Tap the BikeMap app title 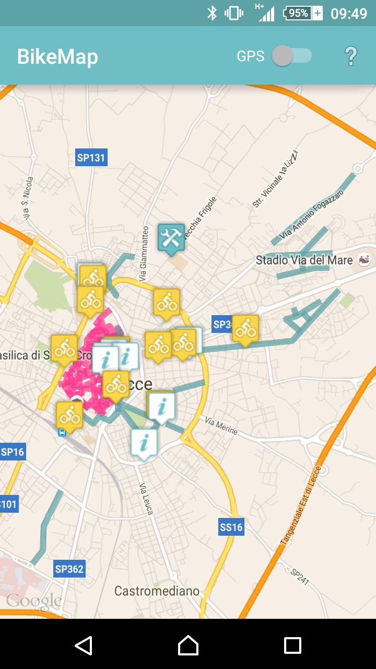tap(57, 56)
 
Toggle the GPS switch tap(292, 56)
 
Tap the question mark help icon tap(351, 56)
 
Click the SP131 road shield tap(91, 157)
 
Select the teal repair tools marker tap(171, 238)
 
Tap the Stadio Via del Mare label tap(304, 260)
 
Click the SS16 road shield tap(231, 527)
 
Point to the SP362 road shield tap(69, 569)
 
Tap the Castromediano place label tap(157, 591)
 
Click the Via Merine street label tap(221, 426)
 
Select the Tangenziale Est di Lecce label tap(302, 505)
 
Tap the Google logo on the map tap(34, 601)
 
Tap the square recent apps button tap(292, 645)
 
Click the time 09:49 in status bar tap(349, 13)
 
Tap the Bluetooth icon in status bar tap(211, 13)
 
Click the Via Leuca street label tap(147, 499)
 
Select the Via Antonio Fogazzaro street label tap(311, 215)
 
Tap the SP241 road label tap(300, 576)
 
